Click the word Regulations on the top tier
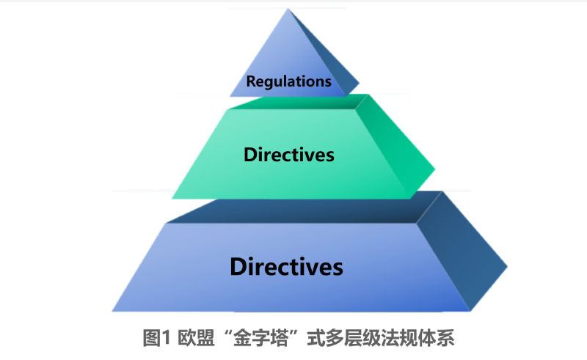288,81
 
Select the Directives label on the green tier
288,155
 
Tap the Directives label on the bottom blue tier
286,267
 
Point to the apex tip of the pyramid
288,9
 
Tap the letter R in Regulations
251,81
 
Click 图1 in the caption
156,338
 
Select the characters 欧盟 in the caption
196,338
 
